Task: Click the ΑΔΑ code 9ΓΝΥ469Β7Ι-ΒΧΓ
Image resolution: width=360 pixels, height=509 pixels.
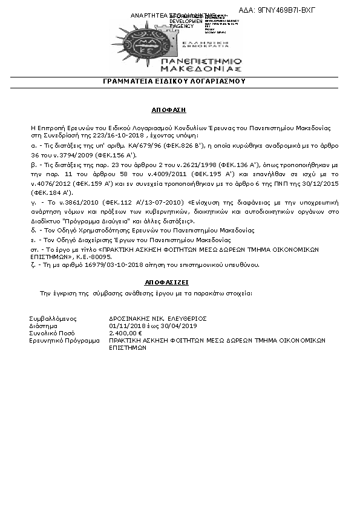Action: point(299,11)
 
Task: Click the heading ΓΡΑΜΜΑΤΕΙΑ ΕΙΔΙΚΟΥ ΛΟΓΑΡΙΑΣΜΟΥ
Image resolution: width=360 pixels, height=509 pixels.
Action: point(182,80)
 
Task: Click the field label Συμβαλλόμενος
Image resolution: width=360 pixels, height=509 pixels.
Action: point(54,318)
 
